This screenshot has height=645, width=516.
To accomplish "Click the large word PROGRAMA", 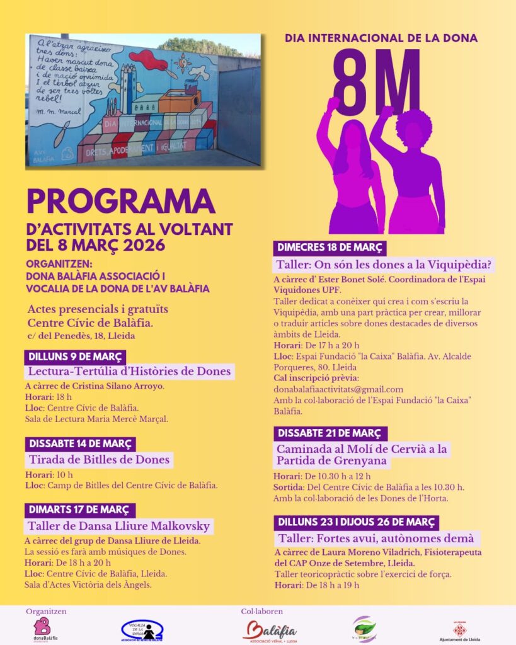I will [x=121, y=202].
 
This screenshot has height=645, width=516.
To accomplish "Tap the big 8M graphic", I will [x=376, y=82].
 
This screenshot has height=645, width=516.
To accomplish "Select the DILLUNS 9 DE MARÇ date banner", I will [x=76, y=357].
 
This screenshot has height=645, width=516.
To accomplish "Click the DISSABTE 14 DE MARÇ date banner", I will [x=81, y=444].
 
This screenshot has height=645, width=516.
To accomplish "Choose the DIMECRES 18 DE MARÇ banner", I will [x=330, y=248].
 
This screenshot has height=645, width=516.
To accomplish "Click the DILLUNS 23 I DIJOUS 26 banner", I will [x=357, y=522].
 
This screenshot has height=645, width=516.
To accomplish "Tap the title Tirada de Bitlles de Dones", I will [x=99, y=460].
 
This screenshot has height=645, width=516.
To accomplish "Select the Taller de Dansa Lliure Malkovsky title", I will [x=118, y=526].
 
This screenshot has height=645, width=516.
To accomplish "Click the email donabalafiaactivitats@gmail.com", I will [x=338, y=389].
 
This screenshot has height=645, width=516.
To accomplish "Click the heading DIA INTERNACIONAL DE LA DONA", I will [x=381, y=38].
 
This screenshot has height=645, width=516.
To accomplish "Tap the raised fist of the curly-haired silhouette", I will [x=386, y=113].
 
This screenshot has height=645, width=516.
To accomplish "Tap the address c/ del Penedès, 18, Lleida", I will [x=81, y=336].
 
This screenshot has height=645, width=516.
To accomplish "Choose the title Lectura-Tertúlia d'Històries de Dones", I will [x=129, y=372].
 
